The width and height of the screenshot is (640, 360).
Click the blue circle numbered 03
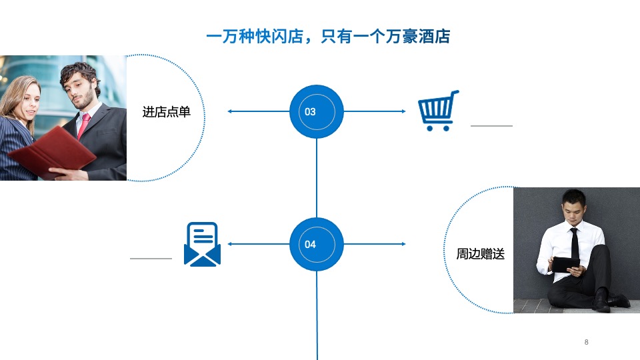click(x=317, y=111)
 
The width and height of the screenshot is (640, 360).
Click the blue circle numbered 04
click(x=317, y=244)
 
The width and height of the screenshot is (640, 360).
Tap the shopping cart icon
click(x=438, y=111)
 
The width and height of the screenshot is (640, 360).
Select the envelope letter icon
click(x=202, y=245)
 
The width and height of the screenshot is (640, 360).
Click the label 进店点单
click(x=166, y=111)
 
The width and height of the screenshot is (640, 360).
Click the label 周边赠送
click(x=480, y=254)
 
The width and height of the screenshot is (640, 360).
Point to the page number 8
click(x=586, y=342)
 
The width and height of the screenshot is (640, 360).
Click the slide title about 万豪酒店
click(x=328, y=37)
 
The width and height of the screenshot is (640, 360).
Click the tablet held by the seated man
click(x=565, y=264)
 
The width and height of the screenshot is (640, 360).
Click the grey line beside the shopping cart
click(x=491, y=125)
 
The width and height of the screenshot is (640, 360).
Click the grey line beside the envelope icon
click(x=151, y=258)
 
